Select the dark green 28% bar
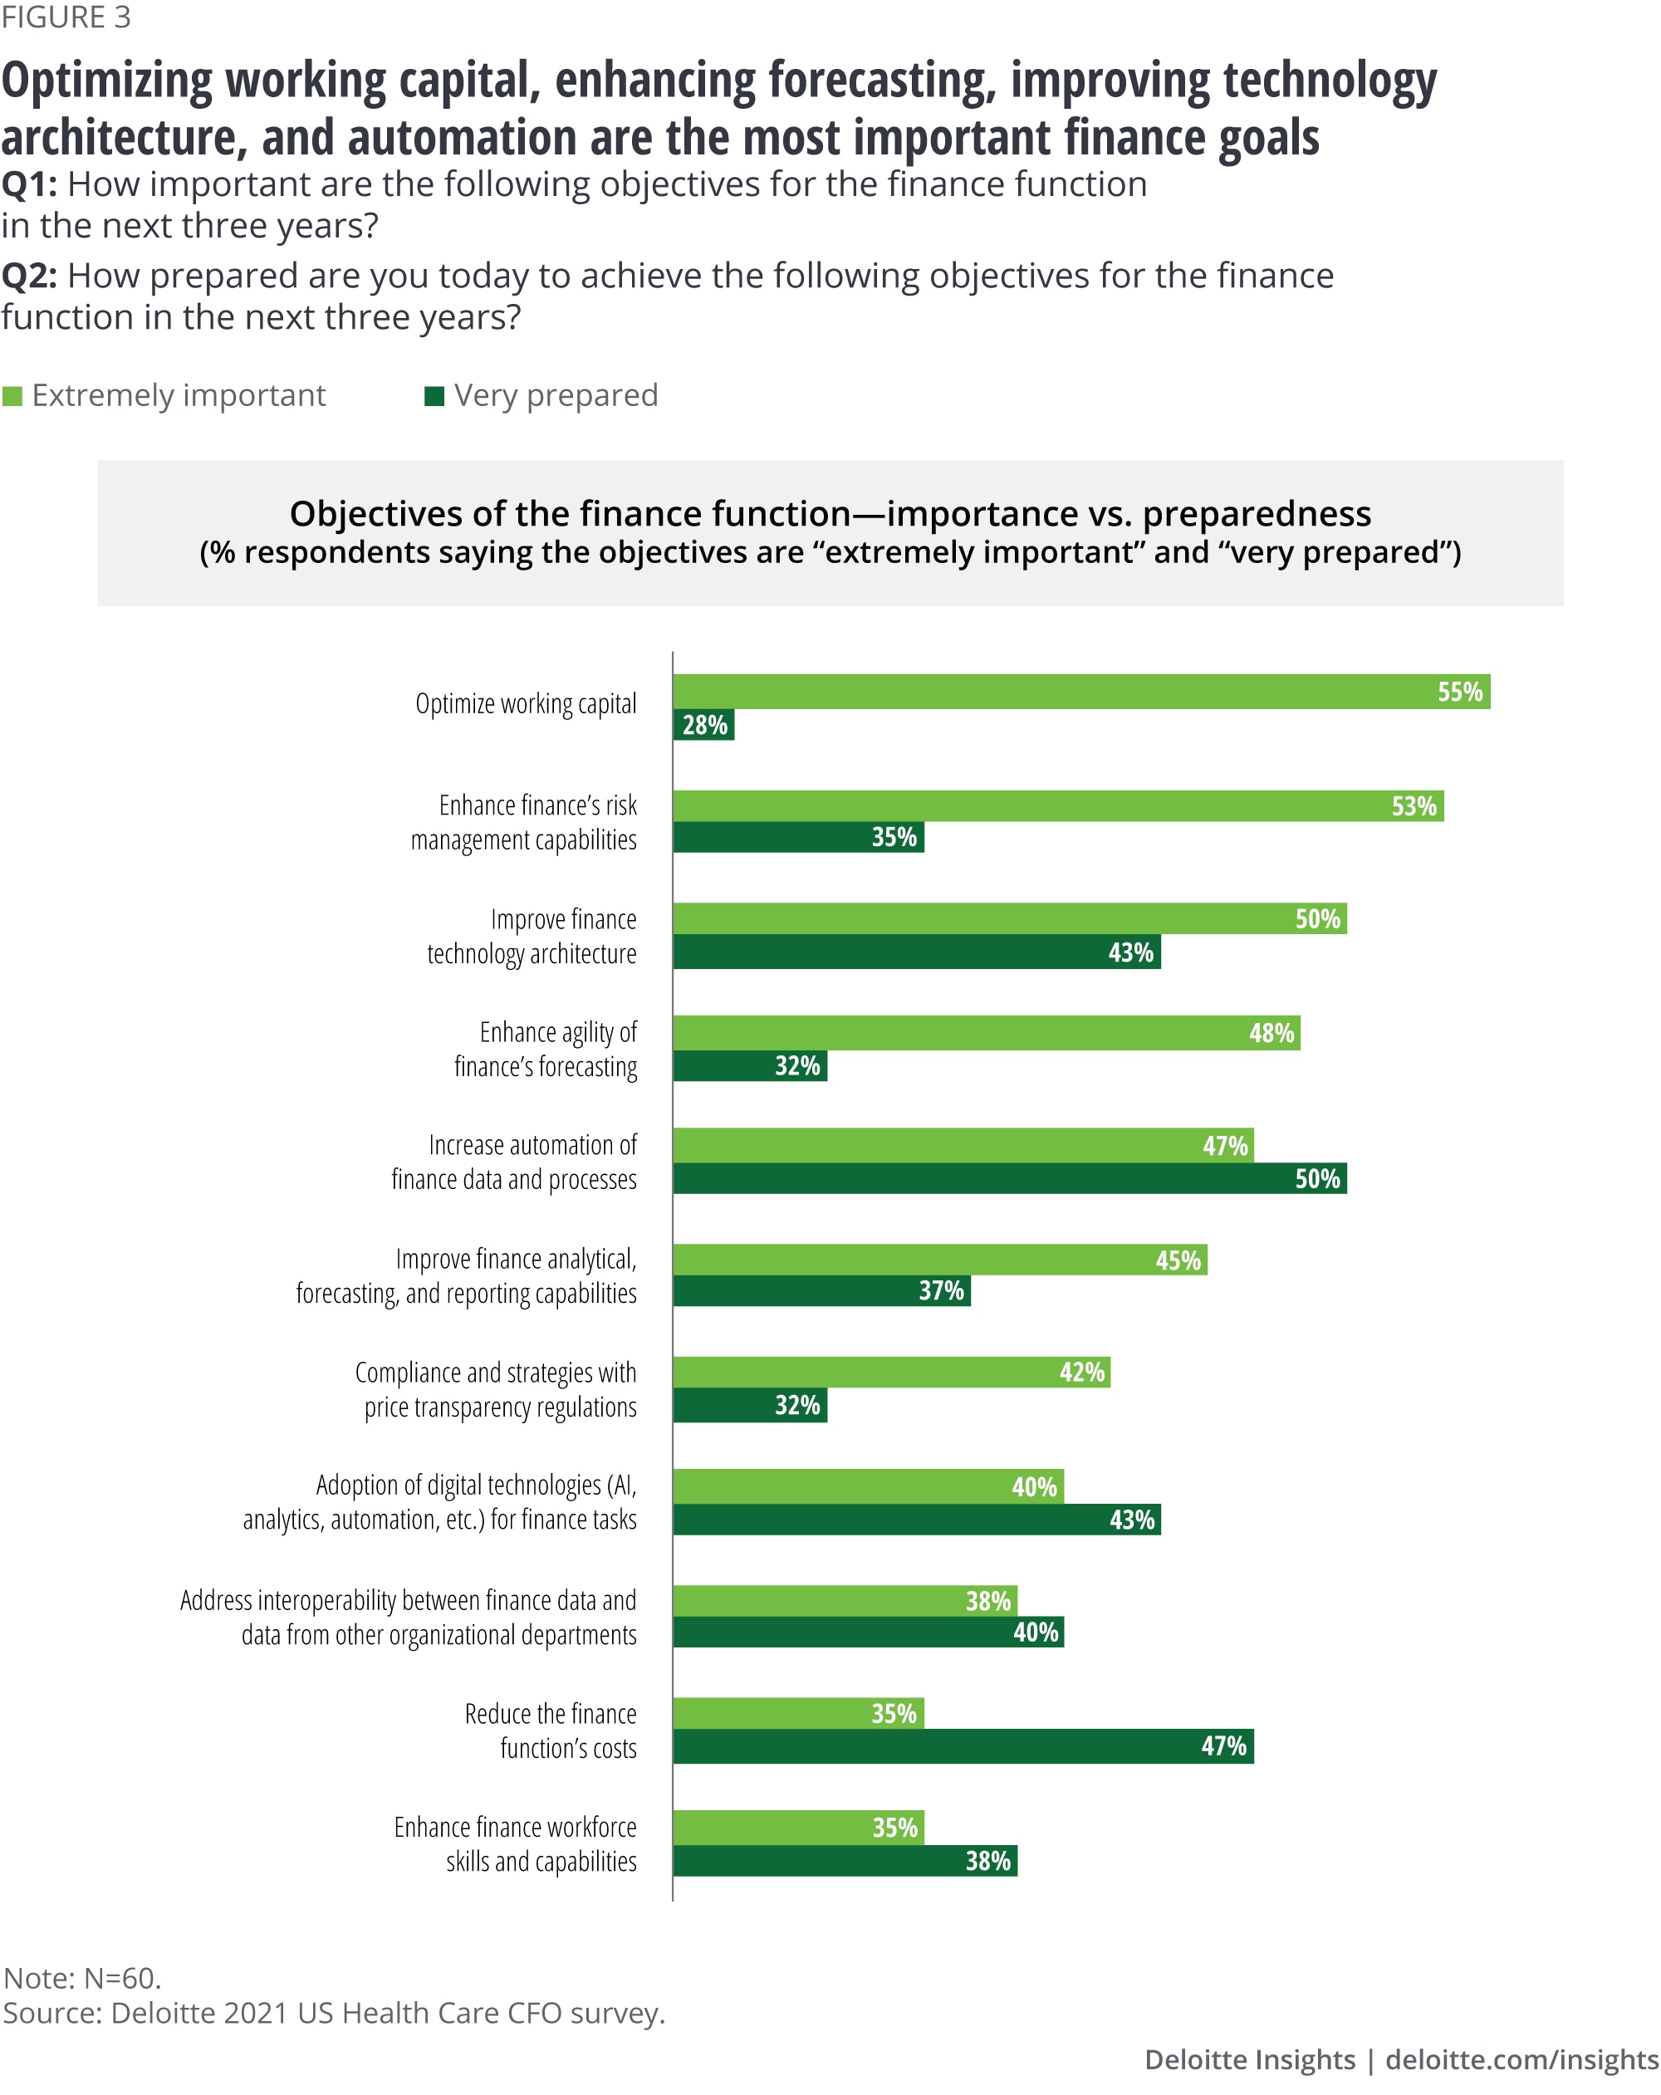(703, 725)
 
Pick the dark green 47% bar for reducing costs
(963, 1745)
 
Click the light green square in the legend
(12, 395)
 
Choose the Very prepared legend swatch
(434, 395)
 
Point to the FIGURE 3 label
(66, 17)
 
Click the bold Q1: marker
(29, 184)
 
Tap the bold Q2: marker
(29, 276)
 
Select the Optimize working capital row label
(526, 703)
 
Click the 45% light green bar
(938, 1260)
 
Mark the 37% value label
(941, 1290)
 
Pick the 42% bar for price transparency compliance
(890, 1372)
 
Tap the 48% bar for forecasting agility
(986, 1032)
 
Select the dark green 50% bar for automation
(1009, 1178)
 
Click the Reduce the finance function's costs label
(550, 1730)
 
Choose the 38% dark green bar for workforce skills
(844, 1861)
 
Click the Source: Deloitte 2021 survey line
(333, 2013)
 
